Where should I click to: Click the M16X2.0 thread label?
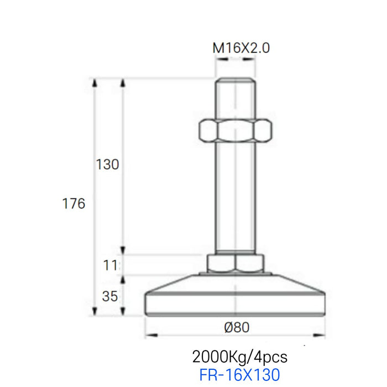(241, 48)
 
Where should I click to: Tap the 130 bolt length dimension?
(107, 165)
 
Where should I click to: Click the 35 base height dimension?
(110, 296)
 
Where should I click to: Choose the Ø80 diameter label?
(237, 327)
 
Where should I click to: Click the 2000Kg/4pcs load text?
(240, 355)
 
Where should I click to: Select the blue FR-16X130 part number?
(239, 375)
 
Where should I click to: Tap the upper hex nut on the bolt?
(236, 131)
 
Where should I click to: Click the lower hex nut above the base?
(235, 263)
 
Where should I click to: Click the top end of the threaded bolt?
(236, 81)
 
